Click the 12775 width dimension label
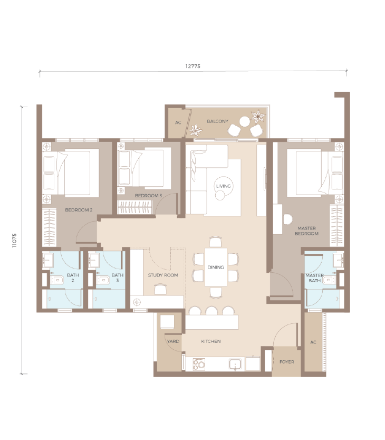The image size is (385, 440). click(193, 66)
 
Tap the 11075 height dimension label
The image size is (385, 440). click(14, 240)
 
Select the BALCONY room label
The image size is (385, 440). click(217, 121)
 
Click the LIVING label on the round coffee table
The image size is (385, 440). click(224, 186)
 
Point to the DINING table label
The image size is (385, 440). click(216, 267)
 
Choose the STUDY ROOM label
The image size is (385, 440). click(163, 275)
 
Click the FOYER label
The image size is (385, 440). click(287, 362)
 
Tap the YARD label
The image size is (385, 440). click(173, 341)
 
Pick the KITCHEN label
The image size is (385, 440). click(211, 341)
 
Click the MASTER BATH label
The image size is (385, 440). click(314, 278)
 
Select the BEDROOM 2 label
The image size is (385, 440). click(79, 210)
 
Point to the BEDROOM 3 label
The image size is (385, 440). click(148, 196)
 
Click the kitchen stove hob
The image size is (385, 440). click(199, 364)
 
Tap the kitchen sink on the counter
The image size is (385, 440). click(235, 364)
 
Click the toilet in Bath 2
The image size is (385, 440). click(57, 280)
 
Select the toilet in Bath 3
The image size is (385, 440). click(103, 280)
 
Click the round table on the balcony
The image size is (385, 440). click(244, 122)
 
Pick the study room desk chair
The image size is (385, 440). click(160, 289)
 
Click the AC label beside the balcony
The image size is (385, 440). click(178, 122)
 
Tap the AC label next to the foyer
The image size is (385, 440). click(313, 342)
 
